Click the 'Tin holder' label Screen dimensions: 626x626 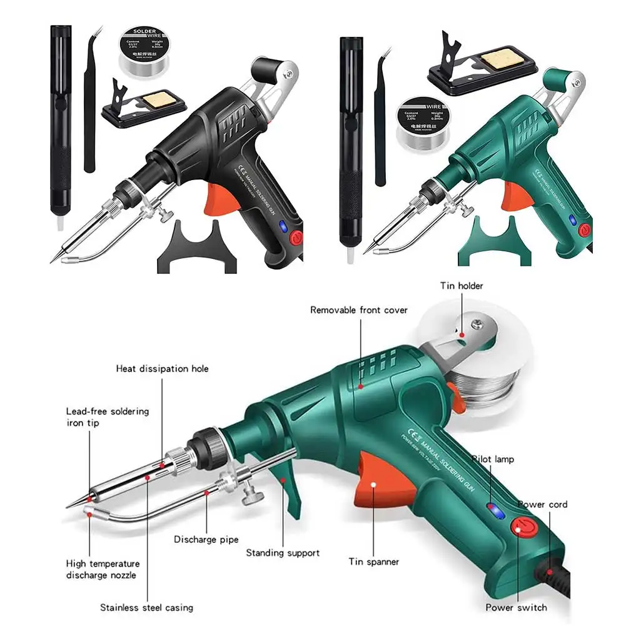click(x=462, y=286)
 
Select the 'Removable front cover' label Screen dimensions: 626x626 click(x=359, y=310)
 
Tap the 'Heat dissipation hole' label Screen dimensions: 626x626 click(x=163, y=368)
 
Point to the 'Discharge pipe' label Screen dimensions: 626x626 click(x=206, y=539)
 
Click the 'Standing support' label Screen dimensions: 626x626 click(x=283, y=553)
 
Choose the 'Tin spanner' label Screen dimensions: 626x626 click(x=374, y=562)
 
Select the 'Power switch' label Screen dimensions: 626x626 click(x=516, y=607)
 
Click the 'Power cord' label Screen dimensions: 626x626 click(x=542, y=504)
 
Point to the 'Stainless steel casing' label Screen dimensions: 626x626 click(x=147, y=607)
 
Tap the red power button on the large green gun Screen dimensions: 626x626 click(x=520, y=528)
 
